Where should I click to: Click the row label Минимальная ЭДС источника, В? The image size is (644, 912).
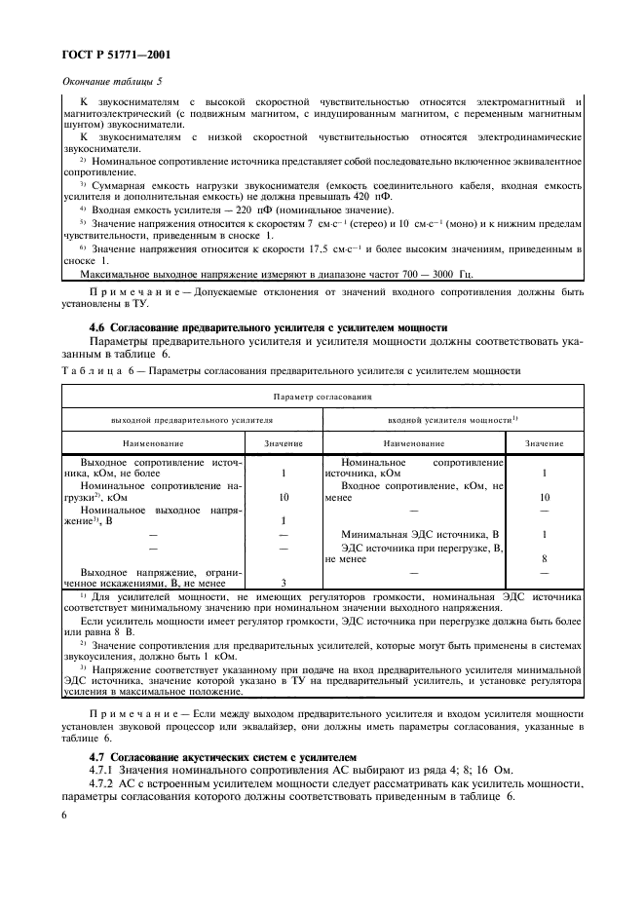point(420,535)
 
